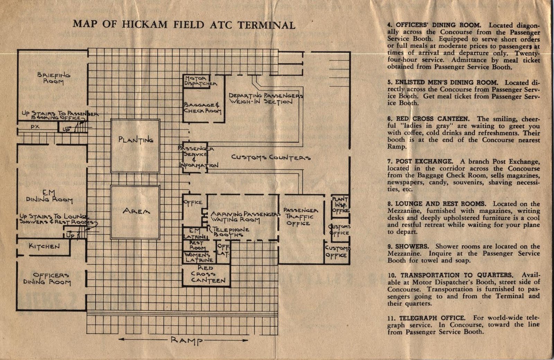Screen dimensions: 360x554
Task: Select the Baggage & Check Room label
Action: (x=202, y=107)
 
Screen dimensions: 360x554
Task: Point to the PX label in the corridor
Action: (x=35, y=127)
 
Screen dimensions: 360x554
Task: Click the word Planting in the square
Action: (x=135, y=140)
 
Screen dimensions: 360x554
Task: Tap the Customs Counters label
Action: (x=271, y=157)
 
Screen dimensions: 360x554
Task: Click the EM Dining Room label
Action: (x=50, y=196)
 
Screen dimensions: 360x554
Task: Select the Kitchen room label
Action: (x=44, y=246)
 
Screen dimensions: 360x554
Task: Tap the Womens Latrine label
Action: (x=199, y=257)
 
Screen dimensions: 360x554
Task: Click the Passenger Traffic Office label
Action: (x=301, y=217)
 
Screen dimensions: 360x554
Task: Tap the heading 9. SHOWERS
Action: (x=408, y=246)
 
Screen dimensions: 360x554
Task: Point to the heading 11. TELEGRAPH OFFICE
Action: (x=426, y=318)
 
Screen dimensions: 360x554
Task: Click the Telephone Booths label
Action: (x=230, y=232)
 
